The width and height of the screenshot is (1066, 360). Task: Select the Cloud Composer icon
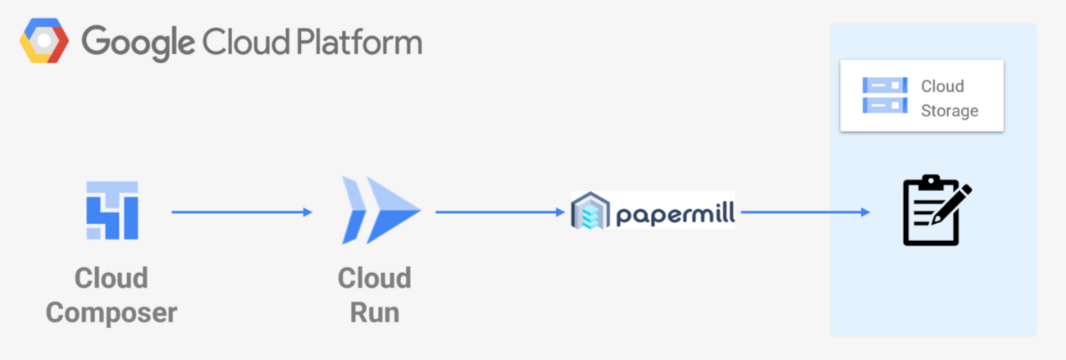[x=112, y=210]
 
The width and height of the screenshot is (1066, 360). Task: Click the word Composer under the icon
[x=112, y=312]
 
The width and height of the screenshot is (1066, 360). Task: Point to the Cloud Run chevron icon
[x=380, y=211]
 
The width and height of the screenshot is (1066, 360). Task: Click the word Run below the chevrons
[x=374, y=312]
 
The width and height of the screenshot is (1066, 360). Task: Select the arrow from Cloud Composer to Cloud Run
[x=242, y=212]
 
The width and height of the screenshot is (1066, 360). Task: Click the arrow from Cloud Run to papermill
[x=500, y=212]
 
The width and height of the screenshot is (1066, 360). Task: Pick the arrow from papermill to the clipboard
[x=804, y=212]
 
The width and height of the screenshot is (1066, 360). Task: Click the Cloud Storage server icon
[x=884, y=95]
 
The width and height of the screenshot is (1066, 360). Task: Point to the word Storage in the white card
[x=950, y=111]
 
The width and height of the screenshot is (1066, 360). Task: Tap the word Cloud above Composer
[x=112, y=278]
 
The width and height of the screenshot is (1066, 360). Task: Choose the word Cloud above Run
[x=374, y=278]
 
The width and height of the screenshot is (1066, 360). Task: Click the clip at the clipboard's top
[x=931, y=180]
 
